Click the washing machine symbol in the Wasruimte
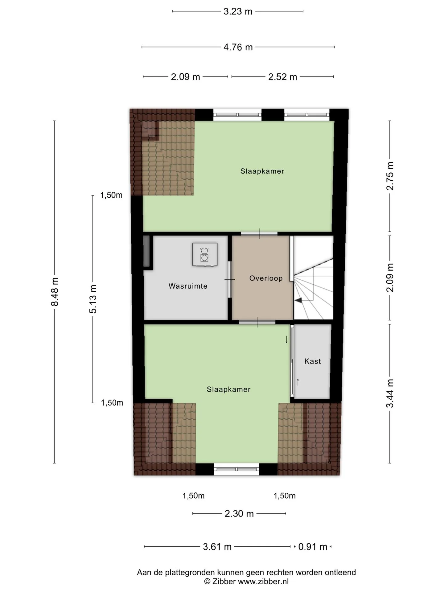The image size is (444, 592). (205, 254)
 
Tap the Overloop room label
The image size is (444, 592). (266, 278)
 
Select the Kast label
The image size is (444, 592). (313, 361)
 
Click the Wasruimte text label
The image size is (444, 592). (188, 286)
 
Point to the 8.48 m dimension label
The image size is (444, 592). (55, 292)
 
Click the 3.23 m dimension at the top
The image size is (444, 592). (238, 11)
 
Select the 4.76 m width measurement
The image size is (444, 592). (238, 47)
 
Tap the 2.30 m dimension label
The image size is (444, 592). (239, 514)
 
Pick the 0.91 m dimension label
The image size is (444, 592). (313, 547)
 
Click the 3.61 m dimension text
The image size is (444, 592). (217, 547)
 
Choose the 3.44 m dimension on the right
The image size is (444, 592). (390, 393)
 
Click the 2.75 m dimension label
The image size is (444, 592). (390, 176)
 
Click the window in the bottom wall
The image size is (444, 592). (236, 469)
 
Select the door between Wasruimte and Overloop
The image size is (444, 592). (230, 279)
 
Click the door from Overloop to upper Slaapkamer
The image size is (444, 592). (259, 233)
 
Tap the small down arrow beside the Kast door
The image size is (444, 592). (286, 339)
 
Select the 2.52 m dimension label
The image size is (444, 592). (283, 77)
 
